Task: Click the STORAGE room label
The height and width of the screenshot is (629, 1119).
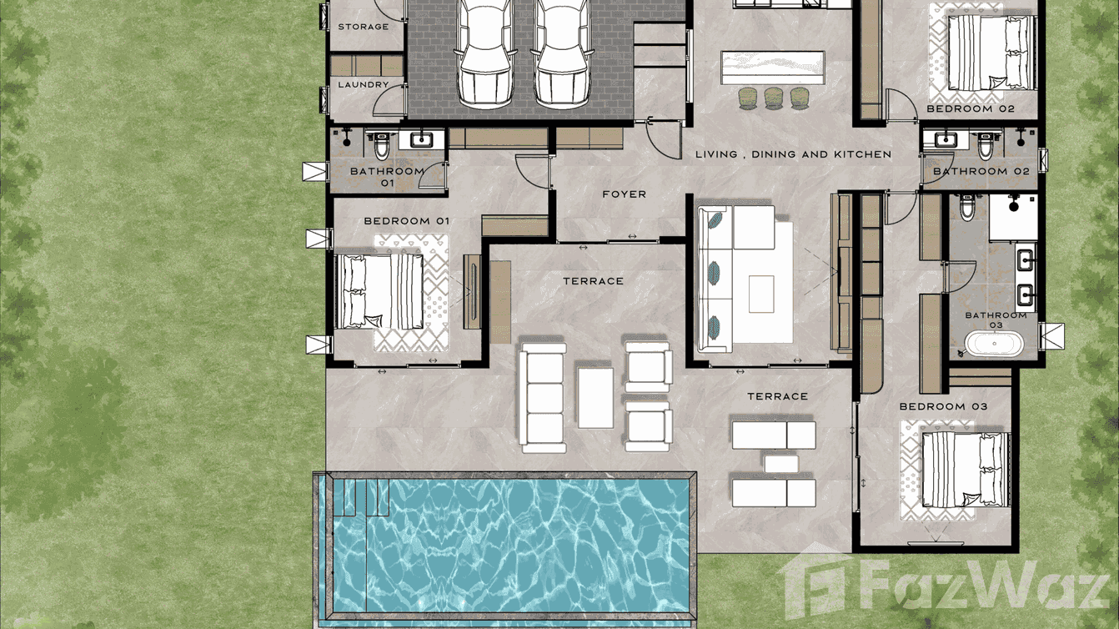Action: point(363,27)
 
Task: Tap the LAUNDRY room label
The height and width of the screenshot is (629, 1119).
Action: point(363,85)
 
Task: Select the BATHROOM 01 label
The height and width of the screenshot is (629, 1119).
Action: point(387,176)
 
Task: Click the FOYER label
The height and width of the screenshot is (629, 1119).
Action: point(624,194)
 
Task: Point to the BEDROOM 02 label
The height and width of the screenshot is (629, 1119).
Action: point(970,109)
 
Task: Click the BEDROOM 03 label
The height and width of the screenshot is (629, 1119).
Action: point(943,406)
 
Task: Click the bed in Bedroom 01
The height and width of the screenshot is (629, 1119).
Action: point(380,291)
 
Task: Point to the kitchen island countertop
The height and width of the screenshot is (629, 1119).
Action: point(773,67)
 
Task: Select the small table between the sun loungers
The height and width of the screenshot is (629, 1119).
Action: point(780,464)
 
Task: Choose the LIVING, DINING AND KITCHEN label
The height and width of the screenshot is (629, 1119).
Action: point(793,154)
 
